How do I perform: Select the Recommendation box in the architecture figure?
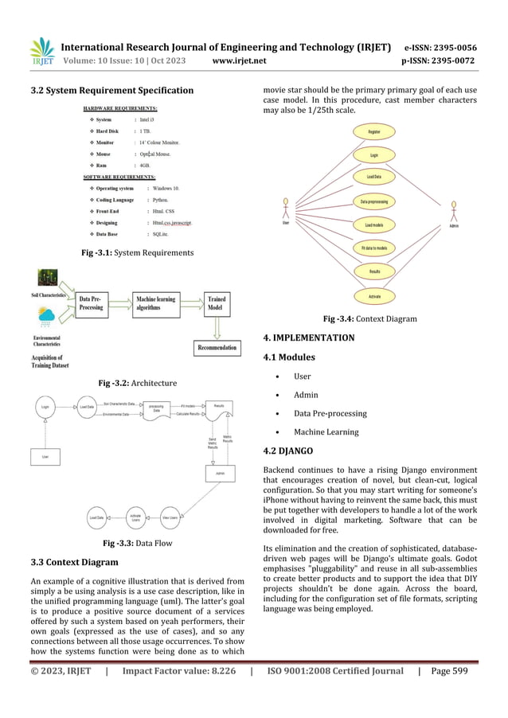coord(217,348)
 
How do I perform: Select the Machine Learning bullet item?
coord(326,432)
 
